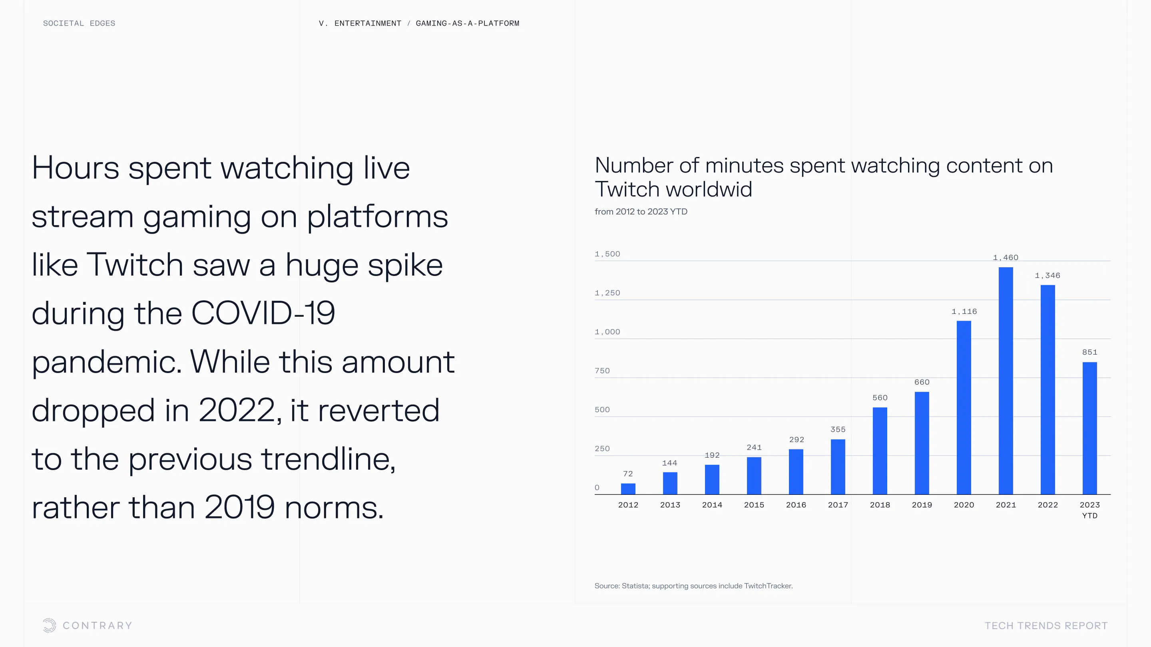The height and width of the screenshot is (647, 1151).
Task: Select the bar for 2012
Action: point(628,488)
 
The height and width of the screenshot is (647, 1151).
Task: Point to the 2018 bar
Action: point(880,451)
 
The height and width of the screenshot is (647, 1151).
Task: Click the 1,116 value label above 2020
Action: point(964,311)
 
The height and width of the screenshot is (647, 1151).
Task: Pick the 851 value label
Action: point(1089,352)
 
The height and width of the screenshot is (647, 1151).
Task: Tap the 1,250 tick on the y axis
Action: point(607,293)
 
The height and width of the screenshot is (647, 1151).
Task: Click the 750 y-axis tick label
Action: point(602,371)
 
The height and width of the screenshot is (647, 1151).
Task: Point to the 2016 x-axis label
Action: point(796,504)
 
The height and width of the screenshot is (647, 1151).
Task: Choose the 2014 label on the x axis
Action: point(712,504)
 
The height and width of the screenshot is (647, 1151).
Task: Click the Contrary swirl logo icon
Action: point(49,625)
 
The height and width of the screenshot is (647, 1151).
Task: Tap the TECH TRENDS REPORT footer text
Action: point(1045,625)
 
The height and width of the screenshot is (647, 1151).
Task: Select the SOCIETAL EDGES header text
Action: point(79,23)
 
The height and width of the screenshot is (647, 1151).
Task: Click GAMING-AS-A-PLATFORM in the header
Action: point(467,23)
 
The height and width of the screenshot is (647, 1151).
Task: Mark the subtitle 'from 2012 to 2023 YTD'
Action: point(641,212)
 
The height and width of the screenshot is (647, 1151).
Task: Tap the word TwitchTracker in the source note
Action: point(768,586)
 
